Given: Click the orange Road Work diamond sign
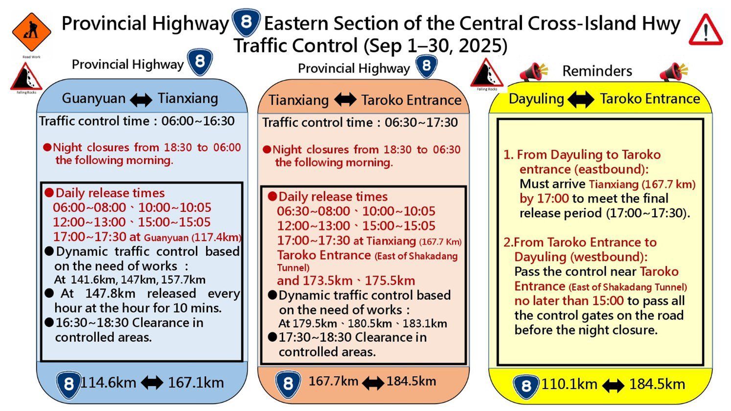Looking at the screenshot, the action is coord(32,32).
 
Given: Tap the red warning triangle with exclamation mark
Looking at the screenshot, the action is coord(706,30).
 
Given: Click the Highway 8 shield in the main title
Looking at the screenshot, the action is coord(246,23).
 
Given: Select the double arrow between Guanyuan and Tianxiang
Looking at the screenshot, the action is coord(141,99).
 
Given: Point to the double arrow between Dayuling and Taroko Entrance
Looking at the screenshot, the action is coord(581,99).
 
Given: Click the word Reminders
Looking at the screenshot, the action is coord(597,71).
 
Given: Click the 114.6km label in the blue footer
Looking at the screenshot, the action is coord(108,383).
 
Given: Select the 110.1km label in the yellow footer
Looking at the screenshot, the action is coord(570,384).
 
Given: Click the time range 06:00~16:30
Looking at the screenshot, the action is coord(198,121).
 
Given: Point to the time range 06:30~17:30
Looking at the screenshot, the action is coord(421,122).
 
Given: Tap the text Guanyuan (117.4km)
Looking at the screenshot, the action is coord(193,237).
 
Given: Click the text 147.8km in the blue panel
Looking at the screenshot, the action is coord(110,294).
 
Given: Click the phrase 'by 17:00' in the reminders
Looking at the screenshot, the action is coord(544,199).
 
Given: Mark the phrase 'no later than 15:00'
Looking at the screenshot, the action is coord(569,300).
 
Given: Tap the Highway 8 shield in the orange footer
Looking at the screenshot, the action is coord(288,384).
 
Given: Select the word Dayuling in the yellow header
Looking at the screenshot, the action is coord(536,99).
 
